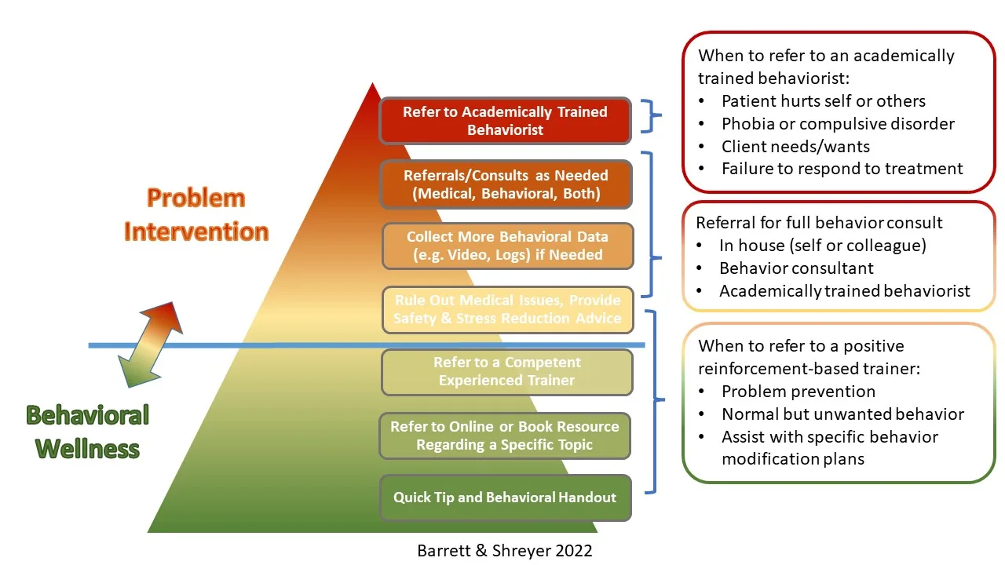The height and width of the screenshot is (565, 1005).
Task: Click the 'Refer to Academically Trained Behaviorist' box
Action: pyautogui.click(x=505, y=121)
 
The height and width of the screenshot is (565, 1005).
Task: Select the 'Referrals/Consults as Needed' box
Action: pyautogui.click(x=505, y=184)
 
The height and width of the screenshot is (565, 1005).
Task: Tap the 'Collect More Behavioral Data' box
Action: pyautogui.click(x=506, y=246)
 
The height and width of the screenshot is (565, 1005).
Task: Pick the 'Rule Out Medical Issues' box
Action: pyautogui.click(x=506, y=310)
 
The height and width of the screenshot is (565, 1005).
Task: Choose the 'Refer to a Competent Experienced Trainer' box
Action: pyautogui.click(x=506, y=372)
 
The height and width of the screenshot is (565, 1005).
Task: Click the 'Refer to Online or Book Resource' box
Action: pyautogui.click(x=505, y=436)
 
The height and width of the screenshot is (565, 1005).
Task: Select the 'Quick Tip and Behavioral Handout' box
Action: pyautogui.click(x=505, y=498)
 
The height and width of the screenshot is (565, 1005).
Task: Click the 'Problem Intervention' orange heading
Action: pyautogui.click(x=196, y=214)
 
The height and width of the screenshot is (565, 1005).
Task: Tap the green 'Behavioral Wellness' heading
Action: pyautogui.click(x=87, y=432)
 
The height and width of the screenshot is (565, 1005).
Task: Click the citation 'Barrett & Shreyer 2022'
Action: pyautogui.click(x=505, y=551)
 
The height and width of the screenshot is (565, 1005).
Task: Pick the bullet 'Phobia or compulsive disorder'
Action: pyautogui.click(x=837, y=124)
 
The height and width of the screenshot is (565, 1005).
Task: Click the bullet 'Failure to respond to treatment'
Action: pyautogui.click(x=842, y=169)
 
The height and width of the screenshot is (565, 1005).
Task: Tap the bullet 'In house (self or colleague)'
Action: pyautogui.click(x=822, y=246)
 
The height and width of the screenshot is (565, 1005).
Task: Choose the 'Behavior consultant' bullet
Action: pyautogui.click(x=796, y=268)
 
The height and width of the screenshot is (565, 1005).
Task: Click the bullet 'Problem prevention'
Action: pyautogui.click(x=798, y=392)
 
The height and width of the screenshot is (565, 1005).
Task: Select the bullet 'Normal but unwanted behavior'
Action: pyautogui.click(x=842, y=414)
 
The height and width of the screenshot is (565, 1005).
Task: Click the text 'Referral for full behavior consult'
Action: pyautogui.click(x=819, y=223)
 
